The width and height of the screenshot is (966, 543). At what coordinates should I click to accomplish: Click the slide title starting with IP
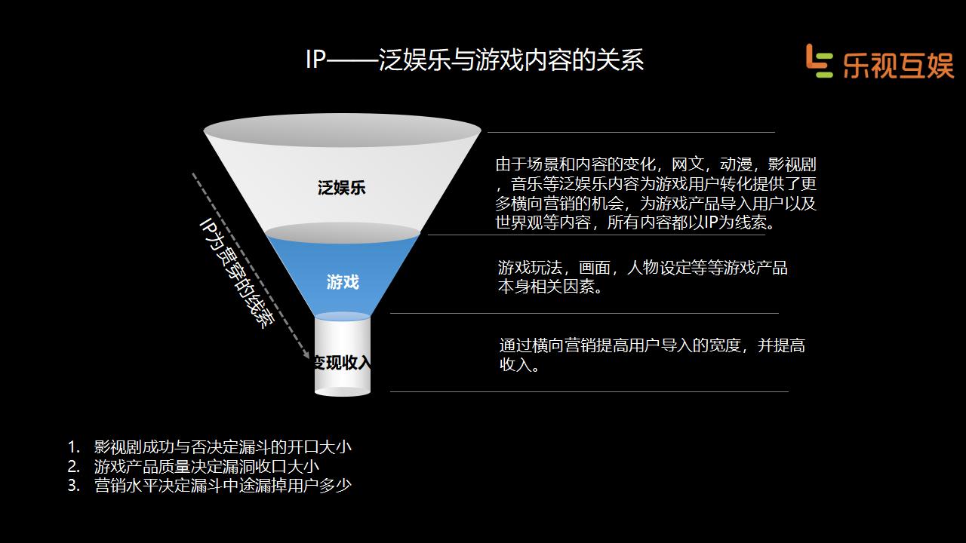point(475,60)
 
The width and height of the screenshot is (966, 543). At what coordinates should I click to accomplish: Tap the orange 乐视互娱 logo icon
point(818,60)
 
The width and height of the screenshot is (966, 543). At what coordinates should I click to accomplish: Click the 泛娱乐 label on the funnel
point(341,188)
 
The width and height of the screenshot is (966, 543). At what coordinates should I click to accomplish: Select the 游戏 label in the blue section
point(343,282)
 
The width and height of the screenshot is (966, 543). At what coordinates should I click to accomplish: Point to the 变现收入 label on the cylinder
point(343,363)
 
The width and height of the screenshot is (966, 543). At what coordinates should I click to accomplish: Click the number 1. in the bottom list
point(73,446)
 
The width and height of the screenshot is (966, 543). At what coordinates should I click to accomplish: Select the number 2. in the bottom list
point(73,466)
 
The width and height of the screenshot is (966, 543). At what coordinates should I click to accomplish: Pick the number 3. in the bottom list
point(73,486)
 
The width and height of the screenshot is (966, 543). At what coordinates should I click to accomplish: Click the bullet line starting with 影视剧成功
point(223,446)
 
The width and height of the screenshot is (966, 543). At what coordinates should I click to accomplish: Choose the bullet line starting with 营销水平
point(223,486)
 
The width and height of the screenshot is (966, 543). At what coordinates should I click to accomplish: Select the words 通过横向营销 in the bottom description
point(547,346)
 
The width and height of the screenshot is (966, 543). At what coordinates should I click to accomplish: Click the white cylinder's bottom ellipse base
point(343,391)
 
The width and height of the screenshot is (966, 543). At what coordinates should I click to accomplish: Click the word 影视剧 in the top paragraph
point(792,164)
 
